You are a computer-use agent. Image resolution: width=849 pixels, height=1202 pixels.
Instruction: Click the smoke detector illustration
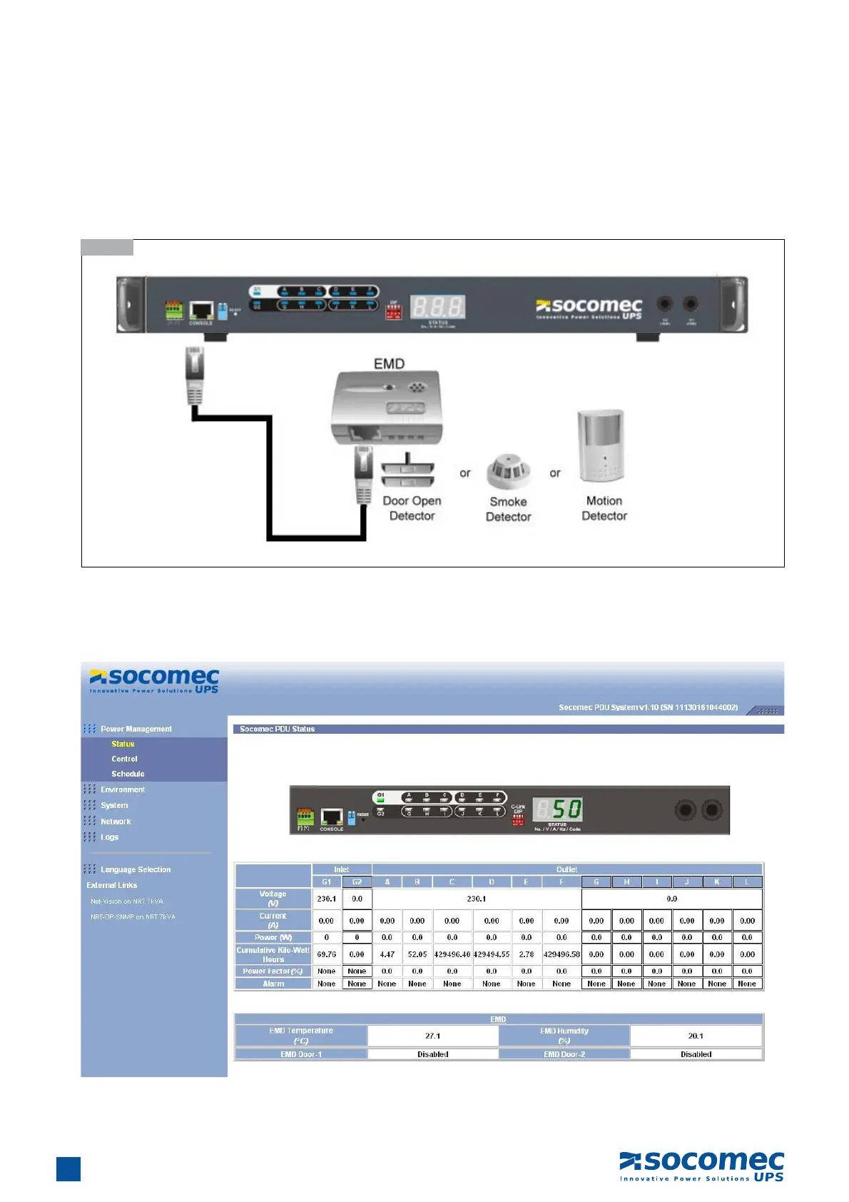[x=508, y=472]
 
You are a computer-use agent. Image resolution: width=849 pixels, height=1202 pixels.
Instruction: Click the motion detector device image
[x=601, y=446]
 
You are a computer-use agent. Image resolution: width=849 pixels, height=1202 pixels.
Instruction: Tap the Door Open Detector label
[x=412, y=508]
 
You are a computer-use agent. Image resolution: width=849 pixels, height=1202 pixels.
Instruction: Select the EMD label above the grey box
[x=389, y=364]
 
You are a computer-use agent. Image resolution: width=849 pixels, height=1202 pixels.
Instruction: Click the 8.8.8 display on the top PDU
[x=437, y=308]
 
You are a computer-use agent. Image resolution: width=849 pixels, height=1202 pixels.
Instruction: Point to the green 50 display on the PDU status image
[x=559, y=809]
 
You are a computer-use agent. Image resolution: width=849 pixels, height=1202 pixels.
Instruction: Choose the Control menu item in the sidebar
[x=124, y=759]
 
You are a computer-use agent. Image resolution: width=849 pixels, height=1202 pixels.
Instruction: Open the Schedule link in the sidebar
[x=128, y=774]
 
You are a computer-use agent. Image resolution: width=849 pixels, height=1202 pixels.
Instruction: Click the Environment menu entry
[x=123, y=789]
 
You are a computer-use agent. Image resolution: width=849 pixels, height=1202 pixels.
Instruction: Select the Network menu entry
[x=116, y=822]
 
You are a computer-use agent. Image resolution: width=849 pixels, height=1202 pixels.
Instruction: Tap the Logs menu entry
[x=110, y=837]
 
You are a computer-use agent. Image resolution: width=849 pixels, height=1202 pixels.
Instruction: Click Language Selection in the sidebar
[x=136, y=869]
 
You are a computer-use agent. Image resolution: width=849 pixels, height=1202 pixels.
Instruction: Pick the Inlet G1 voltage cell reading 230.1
[x=327, y=899]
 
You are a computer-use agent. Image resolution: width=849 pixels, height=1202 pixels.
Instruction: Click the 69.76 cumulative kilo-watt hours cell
[x=327, y=954]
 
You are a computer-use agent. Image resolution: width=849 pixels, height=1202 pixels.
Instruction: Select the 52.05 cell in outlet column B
[x=417, y=954]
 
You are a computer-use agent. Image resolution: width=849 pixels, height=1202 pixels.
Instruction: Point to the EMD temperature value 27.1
[x=433, y=1036]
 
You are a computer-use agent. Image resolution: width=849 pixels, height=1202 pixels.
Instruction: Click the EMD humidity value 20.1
[x=696, y=1036]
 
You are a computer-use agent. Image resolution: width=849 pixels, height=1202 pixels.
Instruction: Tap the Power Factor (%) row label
[x=273, y=971]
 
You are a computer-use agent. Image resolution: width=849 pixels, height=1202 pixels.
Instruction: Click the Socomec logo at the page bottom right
[x=701, y=1166]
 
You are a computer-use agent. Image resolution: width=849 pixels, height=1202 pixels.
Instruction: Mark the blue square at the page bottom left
[x=68, y=1169]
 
